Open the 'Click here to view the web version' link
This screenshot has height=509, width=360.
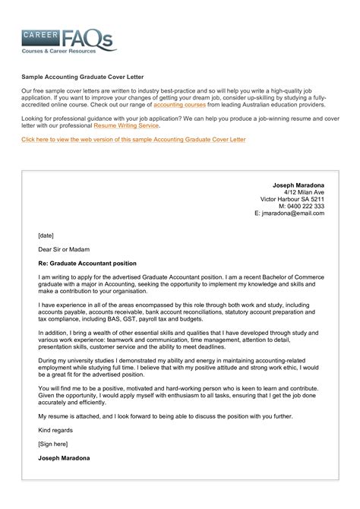coord(133,140)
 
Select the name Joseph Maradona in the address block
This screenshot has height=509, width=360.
coord(298,185)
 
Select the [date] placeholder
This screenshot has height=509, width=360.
coord(46,236)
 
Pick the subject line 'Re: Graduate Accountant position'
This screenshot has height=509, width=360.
coord(87,263)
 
